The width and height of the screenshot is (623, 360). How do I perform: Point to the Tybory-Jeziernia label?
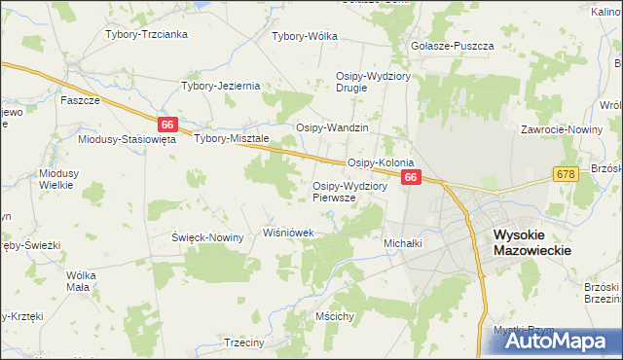coord(221,86)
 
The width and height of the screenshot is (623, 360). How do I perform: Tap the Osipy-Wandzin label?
coord(332,127)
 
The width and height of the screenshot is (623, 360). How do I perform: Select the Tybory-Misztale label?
coord(231,139)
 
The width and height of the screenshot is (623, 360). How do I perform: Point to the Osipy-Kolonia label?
coord(382,162)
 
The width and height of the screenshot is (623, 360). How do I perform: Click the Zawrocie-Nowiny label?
coord(559,128)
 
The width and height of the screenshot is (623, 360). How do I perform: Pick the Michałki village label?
coord(403,242)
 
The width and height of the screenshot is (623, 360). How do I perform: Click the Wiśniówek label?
coord(289,234)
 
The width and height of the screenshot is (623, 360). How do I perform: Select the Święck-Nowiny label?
coord(207,237)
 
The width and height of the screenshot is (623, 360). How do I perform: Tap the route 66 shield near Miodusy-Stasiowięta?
coord(168,125)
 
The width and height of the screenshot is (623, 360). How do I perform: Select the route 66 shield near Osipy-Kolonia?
coord(411,177)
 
